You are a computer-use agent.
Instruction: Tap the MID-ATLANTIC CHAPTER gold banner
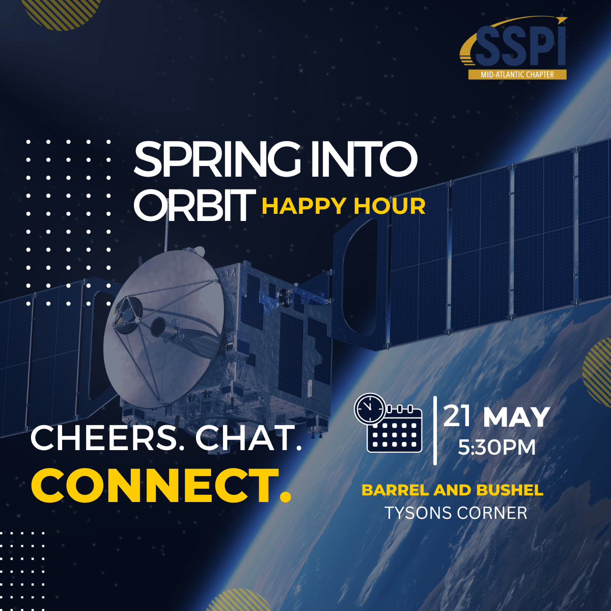[517, 74]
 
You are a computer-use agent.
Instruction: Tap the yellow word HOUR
[390, 207]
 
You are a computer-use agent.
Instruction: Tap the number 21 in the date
[457, 416]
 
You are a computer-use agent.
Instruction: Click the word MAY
[516, 418]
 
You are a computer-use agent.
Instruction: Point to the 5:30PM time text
[496, 448]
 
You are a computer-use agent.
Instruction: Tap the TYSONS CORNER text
[456, 513]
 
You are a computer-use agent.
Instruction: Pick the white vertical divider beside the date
[435, 430]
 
